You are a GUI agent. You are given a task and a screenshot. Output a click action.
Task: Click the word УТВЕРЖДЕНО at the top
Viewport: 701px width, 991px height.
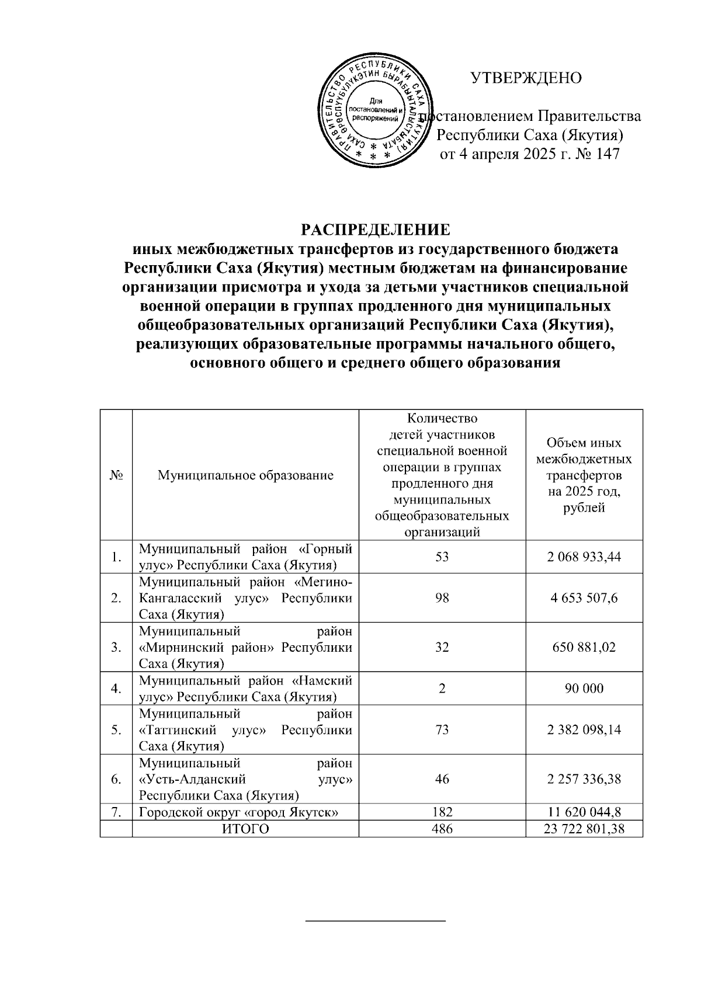[x=526, y=78]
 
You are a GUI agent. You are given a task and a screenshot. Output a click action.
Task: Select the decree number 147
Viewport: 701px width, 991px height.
[x=606, y=154]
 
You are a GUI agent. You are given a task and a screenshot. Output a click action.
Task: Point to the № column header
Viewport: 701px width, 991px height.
[x=116, y=475]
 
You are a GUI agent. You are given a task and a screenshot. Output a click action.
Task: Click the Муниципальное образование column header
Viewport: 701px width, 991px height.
[x=245, y=475]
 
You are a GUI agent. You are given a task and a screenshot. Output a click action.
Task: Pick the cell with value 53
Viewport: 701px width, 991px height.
[x=442, y=557]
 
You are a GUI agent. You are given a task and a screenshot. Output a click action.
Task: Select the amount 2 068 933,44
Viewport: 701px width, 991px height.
[x=584, y=557]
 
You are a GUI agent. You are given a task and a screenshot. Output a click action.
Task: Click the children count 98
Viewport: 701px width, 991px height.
[x=442, y=598]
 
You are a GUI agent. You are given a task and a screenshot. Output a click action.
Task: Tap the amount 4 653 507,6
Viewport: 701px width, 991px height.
[x=584, y=598]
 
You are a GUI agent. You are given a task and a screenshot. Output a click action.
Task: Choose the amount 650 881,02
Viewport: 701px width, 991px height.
[x=584, y=647]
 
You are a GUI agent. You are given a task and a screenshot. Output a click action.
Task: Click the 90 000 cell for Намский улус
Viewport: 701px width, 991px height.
[x=584, y=689]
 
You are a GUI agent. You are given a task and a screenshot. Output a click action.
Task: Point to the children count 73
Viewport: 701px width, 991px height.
[x=442, y=730]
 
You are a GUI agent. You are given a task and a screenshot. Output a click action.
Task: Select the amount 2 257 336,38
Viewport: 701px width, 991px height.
[x=584, y=779]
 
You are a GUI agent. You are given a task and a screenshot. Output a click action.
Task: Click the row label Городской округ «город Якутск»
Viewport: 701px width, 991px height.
[x=240, y=812]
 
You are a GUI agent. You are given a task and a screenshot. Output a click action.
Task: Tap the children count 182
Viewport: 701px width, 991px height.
[x=442, y=812]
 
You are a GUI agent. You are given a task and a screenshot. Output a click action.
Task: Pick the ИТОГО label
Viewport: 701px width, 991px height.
[x=245, y=829]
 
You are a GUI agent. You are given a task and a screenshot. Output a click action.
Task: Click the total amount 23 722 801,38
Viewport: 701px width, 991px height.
[x=584, y=829]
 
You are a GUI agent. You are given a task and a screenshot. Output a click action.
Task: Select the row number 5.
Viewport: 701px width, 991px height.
[x=116, y=730]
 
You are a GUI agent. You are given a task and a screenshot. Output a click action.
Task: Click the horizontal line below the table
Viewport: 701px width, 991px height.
[x=376, y=921]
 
